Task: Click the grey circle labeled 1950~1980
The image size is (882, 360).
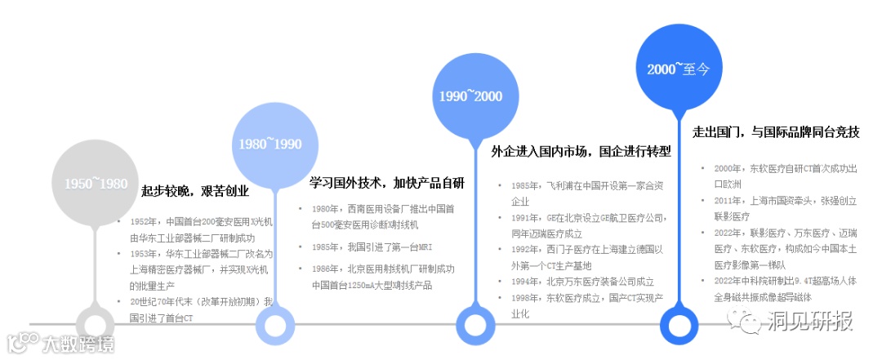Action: click(96, 183)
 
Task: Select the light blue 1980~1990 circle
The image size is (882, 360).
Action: click(270, 144)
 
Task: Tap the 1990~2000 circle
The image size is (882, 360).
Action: click(470, 96)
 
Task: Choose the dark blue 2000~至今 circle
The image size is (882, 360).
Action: click(679, 69)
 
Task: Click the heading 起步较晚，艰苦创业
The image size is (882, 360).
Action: click(195, 192)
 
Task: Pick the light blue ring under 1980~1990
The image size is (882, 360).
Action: click(276, 323)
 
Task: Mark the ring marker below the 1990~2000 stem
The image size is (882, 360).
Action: click(476, 323)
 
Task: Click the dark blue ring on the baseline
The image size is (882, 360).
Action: click(680, 323)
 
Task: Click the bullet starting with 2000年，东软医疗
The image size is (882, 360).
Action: click(785, 176)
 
